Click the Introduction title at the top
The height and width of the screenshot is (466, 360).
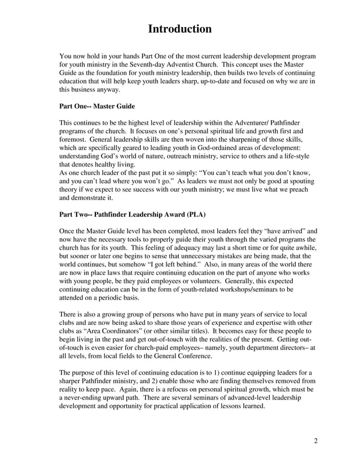pyautogui.click(x=179, y=29)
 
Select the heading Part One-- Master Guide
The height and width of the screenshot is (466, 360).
pyautogui.click(x=97, y=105)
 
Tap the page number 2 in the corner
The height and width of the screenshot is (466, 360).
pyautogui.click(x=316, y=441)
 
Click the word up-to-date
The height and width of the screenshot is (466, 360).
pyautogui.click(x=225, y=81)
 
